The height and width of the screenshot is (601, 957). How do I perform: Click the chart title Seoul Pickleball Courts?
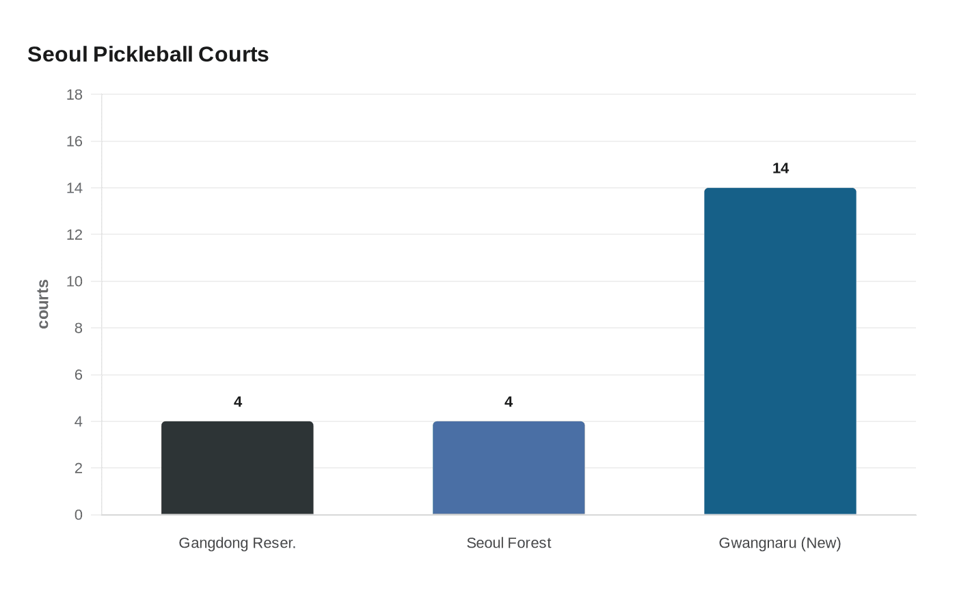148,55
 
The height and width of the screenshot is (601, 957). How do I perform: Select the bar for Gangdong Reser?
237,468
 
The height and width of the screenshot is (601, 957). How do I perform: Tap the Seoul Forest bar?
509,468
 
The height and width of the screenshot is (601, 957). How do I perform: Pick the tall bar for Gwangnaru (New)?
780,351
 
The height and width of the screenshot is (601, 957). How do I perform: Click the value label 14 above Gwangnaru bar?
780,169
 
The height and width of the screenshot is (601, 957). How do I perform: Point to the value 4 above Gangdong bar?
238,402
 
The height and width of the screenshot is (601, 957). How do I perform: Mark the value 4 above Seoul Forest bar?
509,402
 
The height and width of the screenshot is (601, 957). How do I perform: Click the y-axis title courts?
43,304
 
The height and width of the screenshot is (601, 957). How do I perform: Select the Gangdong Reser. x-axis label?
237,543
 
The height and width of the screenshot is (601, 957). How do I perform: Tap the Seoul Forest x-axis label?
509,543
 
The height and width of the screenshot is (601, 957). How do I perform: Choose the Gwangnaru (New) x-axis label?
780,543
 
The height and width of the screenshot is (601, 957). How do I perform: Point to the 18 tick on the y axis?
75,95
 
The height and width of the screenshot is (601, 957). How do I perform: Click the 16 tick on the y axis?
75,141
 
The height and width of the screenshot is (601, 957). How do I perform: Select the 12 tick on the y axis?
75,235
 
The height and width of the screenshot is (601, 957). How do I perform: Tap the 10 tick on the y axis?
75,281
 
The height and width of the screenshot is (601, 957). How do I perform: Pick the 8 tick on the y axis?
79,329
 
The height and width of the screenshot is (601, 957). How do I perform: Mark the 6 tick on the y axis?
79,375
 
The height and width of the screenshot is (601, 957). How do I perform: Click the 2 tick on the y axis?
79,469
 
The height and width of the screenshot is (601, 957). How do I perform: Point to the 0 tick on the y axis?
79,515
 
